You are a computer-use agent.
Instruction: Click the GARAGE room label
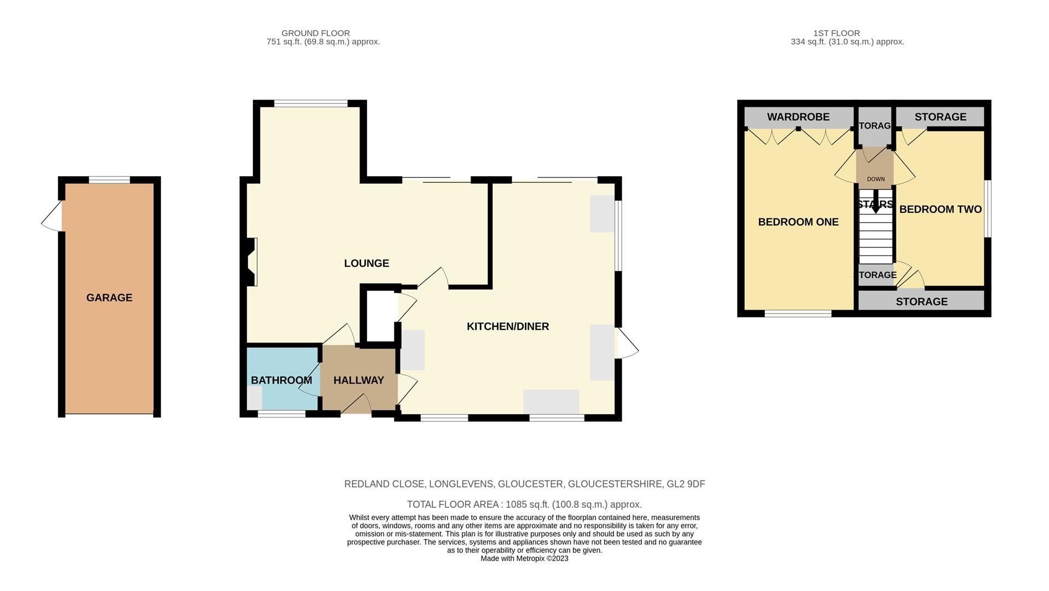click(x=109, y=298)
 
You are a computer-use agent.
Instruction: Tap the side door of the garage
click(x=52, y=217)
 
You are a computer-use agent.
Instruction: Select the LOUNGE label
click(x=366, y=263)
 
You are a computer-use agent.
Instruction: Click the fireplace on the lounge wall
click(x=252, y=262)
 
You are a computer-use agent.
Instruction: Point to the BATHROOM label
click(x=281, y=380)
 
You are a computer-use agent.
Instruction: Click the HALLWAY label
click(x=358, y=380)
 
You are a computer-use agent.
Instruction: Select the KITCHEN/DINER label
click(x=507, y=327)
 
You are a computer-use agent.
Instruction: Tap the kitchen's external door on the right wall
click(x=627, y=344)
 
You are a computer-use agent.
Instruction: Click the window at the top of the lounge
click(x=310, y=103)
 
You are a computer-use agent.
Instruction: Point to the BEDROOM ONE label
click(x=798, y=222)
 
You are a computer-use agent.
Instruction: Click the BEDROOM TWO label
click(x=940, y=210)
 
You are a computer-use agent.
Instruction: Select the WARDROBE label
click(x=798, y=117)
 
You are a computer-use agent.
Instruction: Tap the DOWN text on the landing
click(x=876, y=179)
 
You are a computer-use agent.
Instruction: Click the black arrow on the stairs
click(x=876, y=202)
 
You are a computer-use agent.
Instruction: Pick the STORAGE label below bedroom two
click(x=921, y=302)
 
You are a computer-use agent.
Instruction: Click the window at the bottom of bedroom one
click(x=798, y=314)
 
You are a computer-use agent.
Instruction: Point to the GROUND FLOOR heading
click(x=315, y=33)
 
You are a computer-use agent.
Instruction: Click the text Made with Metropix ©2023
click(x=524, y=559)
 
